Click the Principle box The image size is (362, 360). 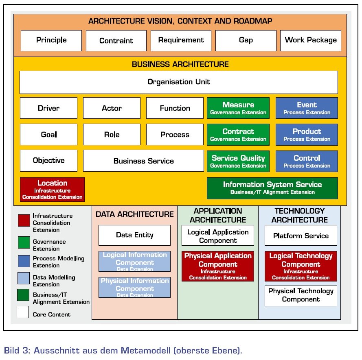point(51,41)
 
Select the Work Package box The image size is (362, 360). point(311,41)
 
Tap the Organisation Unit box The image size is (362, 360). point(179,82)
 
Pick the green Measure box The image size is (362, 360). point(238,108)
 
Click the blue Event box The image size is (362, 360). point(307,108)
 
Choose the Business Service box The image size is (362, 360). point(143,161)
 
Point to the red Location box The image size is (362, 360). point(52,189)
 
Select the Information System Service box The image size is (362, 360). point(272,188)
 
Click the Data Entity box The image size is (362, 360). point(135,235)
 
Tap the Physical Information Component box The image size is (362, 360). point(135,287)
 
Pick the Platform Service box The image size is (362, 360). point(301,235)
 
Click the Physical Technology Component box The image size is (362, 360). point(301,296)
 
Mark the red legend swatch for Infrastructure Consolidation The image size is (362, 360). point(24,220)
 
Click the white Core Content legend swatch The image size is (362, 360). point(23,312)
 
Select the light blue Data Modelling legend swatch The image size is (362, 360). point(24,278)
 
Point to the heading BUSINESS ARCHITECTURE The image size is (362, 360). point(180,64)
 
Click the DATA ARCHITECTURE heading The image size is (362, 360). point(135,214)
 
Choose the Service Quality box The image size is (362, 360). point(238,161)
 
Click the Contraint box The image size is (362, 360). point(116,41)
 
